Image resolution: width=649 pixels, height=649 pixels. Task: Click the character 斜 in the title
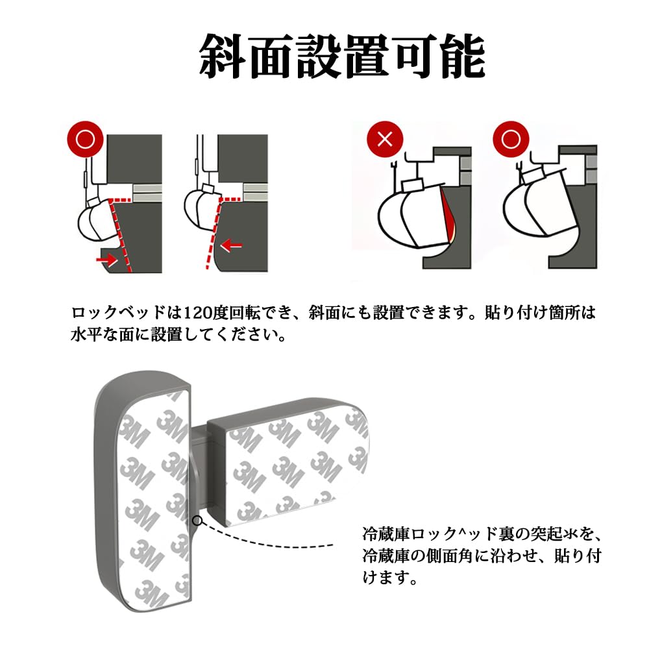click(x=223, y=56)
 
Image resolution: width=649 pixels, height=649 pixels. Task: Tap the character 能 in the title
click(x=463, y=56)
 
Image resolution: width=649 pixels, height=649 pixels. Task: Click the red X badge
click(x=385, y=139)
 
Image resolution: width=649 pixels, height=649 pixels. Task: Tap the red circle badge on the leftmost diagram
click(x=85, y=139)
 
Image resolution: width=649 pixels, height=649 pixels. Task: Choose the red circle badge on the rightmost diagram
click(x=511, y=139)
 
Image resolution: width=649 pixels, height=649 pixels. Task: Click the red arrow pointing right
click(x=106, y=260)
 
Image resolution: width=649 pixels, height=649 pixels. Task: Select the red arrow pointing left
click(x=232, y=245)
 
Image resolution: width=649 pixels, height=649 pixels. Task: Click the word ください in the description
click(x=254, y=334)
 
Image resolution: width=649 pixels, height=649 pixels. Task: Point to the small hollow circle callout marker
click(x=197, y=520)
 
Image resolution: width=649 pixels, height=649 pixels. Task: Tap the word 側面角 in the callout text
click(x=448, y=556)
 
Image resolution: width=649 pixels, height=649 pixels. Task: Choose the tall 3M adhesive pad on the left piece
click(x=154, y=498)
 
